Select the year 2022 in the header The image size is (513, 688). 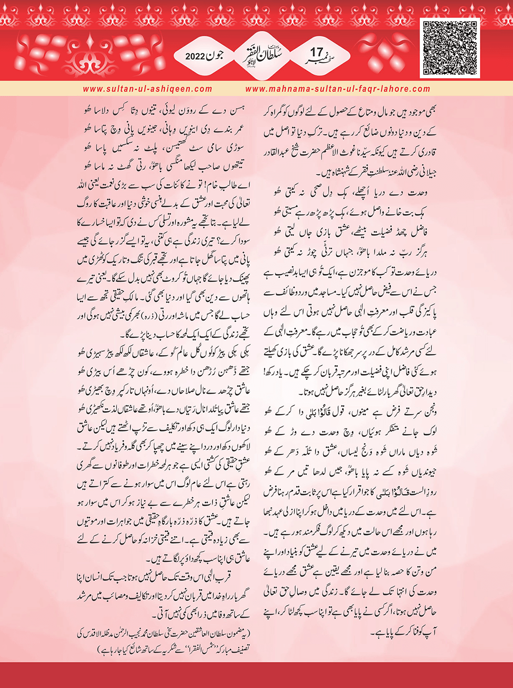[x=195, y=56]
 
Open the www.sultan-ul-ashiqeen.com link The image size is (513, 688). [x=147, y=89]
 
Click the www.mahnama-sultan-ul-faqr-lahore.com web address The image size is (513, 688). [x=337, y=89]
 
